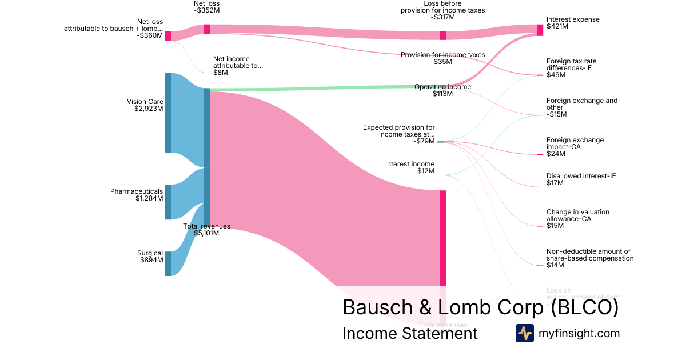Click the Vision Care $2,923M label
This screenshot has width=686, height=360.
[x=145, y=106]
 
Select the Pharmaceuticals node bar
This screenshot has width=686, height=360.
[x=168, y=202]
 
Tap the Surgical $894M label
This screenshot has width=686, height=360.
[x=150, y=257]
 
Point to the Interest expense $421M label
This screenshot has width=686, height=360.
[x=573, y=23]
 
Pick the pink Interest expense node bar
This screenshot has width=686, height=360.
[x=540, y=30]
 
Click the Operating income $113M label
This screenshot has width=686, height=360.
[x=442, y=90]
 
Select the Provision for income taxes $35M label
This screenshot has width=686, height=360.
[x=442, y=58]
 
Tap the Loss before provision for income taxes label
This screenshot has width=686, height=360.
[x=442, y=10]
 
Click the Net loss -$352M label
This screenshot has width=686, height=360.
[x=206, y=7]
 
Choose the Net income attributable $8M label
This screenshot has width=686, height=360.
[x=238, y=66]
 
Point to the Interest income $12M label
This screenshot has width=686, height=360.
[x=410, y=167]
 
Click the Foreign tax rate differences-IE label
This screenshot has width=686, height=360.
[x=571, y=67]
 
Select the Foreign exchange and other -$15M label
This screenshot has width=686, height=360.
[x=581, y=107]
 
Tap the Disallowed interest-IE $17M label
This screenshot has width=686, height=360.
[x=581, y=179]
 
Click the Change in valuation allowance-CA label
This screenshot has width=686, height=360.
[x=577, y=219]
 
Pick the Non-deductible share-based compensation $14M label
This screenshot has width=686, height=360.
[x=589, y=258]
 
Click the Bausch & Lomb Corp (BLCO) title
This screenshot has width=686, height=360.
[x=480, y=307]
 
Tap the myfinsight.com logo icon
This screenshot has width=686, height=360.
[x=524, y=333]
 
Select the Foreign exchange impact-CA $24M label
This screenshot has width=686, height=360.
[x=575, y=147]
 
